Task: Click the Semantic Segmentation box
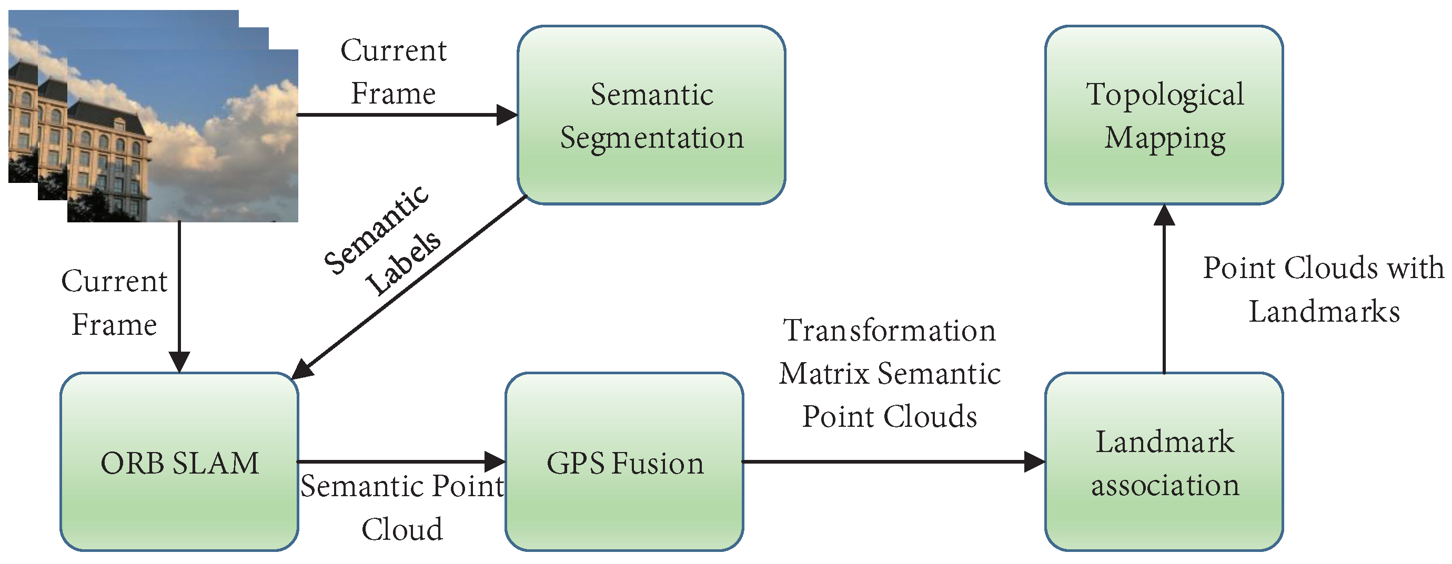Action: [x=651, y=115]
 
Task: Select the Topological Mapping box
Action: [x=1164, y=115]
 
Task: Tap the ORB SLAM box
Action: [x=179, y=462]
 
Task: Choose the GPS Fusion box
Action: [x=624, y=462]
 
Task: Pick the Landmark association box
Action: [x=1164, y=462]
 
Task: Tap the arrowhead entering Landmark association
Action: [x=1034, y=462]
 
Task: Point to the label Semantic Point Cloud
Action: [x=402, y=507]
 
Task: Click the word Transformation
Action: [x=890, y=330]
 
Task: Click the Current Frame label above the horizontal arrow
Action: [x=394, y=71]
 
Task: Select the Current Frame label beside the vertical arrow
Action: [x=115, y=303]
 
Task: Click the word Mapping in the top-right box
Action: [x=1164, y=138]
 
